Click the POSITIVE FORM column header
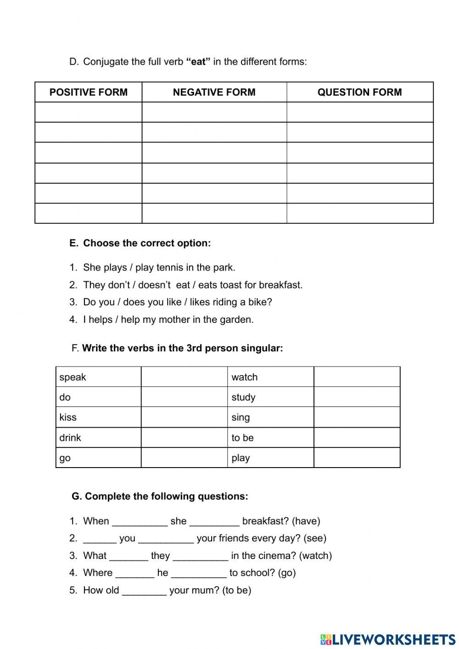88,92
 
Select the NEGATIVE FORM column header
214,92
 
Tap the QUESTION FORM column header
359,92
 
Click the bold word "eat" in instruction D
198,62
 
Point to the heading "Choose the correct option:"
147,243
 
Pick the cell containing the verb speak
98,377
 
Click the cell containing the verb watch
270,377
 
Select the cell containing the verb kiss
98,417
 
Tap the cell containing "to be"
270,438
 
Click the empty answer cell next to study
357,397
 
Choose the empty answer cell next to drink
184,438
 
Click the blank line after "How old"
144,591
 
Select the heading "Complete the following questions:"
166,496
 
